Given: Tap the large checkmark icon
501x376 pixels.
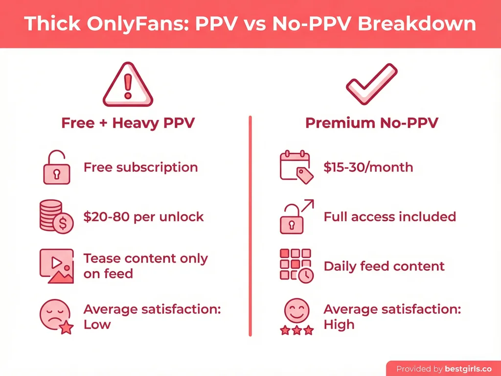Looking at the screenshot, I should click(371, 84).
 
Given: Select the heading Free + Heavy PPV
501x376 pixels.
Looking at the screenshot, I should click(128, 122).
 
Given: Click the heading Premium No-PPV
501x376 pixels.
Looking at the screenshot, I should click(372, 122).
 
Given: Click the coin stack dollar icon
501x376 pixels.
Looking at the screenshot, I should click(55, 217).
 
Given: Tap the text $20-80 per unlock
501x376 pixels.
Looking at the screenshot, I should click(143, 217).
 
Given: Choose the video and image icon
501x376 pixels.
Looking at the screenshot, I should click(55, 266).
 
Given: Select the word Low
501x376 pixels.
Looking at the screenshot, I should click(97, 324).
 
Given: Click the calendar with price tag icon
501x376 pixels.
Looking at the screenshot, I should click(296, 168).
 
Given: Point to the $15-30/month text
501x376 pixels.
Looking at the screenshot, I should click(368, 167).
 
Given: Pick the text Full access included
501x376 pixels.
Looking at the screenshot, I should click(389, 216).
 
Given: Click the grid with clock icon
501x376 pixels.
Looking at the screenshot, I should click(296, 266).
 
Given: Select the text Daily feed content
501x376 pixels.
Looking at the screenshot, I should click(384, 266).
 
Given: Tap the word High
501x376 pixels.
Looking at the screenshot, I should click(339, 324).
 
